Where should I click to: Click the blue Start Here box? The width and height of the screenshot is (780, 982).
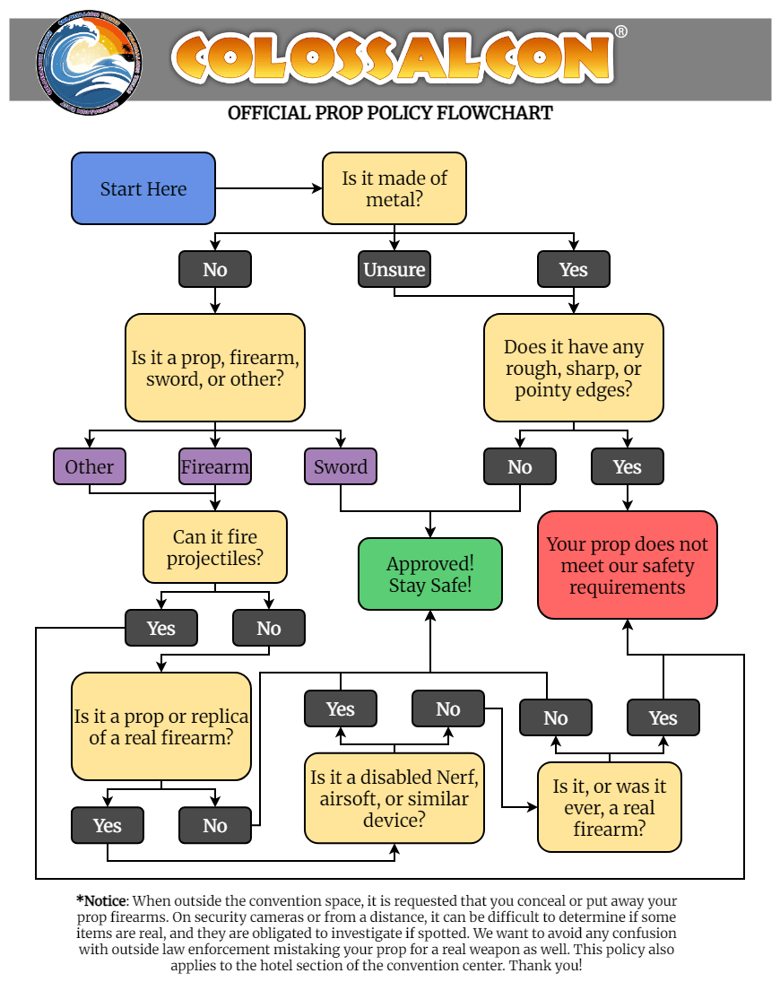(143, 188)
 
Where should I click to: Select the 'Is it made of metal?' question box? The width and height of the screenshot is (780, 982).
(394, 188)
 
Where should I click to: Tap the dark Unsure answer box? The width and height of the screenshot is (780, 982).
(394, 269)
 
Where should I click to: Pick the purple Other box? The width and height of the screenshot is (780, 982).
(90, 466)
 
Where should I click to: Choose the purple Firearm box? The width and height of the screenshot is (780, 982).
(215, 466)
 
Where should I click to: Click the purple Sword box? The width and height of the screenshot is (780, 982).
(341, 466)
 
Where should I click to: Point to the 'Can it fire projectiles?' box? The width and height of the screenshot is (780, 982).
(215, 547)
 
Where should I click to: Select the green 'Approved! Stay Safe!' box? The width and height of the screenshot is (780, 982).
(430, 574)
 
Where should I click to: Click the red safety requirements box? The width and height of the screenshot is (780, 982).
(628, 565)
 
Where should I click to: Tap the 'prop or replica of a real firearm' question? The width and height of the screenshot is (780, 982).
(161, 726)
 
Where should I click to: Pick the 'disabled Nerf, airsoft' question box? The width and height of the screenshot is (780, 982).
(394, 798)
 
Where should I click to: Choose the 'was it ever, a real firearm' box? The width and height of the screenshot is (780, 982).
(610, 807)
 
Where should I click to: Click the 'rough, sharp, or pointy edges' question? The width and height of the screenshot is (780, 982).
(574, 368)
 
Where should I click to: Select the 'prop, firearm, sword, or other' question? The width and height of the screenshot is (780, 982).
(215, 368)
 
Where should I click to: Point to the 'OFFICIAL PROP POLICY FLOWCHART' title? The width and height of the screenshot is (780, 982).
(390, 113)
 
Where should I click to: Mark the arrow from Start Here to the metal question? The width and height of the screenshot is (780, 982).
(269, 188)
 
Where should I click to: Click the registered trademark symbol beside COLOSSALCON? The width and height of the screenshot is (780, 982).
(621, 32)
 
